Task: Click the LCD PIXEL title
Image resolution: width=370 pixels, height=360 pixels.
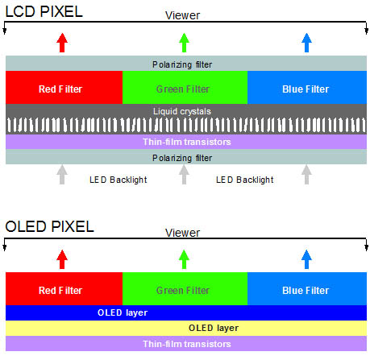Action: (44, 12)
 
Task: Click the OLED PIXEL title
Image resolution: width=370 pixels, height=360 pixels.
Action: (49, 226)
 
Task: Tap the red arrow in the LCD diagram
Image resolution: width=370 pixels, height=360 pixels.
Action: (62, 43)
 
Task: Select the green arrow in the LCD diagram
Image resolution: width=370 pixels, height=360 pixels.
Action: (184, 43)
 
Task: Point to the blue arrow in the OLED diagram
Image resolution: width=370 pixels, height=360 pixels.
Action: (306, 259)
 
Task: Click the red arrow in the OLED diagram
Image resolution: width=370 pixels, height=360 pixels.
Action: (62, 259)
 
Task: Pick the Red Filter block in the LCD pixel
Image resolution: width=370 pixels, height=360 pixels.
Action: (64, 87)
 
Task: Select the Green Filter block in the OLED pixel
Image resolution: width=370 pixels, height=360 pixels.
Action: (185, 288)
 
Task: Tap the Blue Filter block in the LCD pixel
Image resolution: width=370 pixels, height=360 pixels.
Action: (307, 87)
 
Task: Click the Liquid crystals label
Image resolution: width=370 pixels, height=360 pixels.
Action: (182, 111)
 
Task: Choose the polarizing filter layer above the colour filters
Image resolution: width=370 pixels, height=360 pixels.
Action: (186, 64)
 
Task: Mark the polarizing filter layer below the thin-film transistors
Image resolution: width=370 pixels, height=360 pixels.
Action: (186, 157)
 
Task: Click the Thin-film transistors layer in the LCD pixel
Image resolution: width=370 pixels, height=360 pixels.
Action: (186, 142)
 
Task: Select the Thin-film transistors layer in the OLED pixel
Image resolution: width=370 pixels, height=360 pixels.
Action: (186, 344)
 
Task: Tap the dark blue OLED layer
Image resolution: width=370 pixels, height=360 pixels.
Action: (186, 312)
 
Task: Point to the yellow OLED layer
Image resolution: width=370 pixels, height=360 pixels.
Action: (186, 328)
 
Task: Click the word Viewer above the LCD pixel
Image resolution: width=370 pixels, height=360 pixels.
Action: (182, 15)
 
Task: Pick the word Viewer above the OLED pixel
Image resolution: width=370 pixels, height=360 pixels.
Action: (182, 233)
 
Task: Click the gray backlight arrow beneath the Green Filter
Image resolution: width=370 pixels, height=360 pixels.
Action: (184, 175)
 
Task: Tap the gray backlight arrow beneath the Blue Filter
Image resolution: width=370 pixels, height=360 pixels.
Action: (306, 175)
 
